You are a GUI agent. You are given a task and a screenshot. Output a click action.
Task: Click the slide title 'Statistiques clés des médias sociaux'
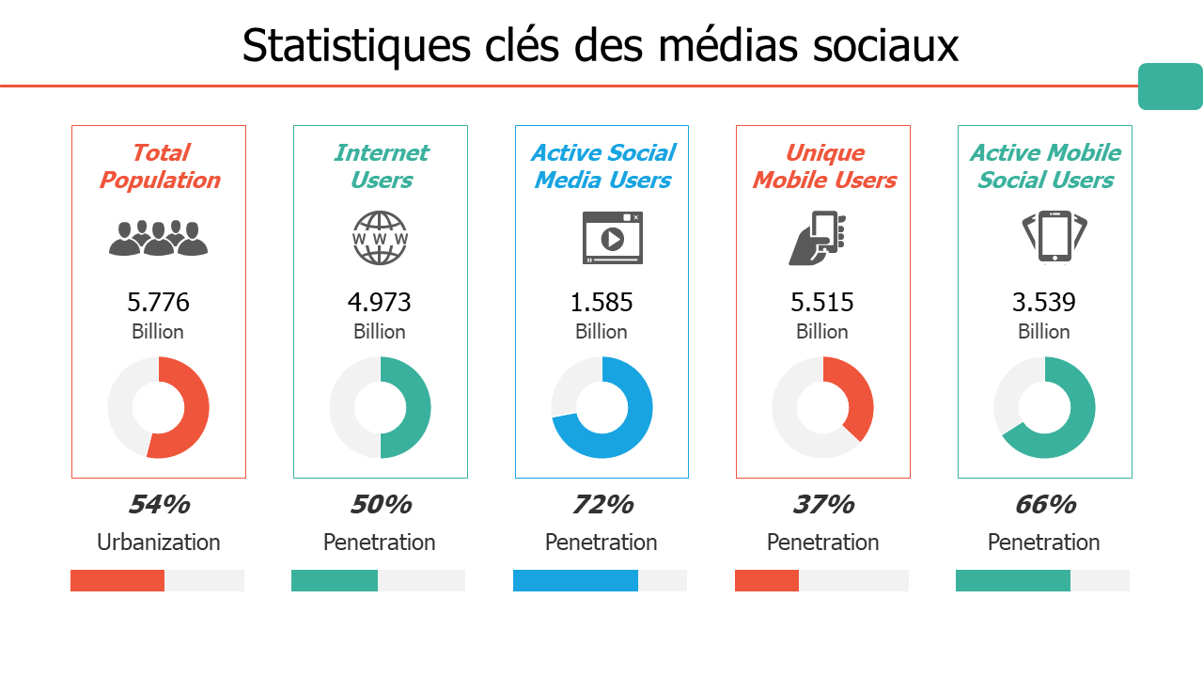point(601,45)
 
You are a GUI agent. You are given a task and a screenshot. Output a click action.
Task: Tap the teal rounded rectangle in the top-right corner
point(1170,87)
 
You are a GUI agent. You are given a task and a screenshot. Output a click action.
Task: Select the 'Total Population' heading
point(159,166)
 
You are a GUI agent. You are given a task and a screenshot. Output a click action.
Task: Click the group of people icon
point(158,239)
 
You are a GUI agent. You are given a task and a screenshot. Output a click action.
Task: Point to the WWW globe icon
point(380,237)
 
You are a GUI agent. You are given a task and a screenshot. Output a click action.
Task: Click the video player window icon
point(612,238)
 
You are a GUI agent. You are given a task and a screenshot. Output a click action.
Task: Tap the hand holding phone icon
point(817,238)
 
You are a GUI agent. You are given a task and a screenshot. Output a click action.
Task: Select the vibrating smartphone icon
point(1054,237)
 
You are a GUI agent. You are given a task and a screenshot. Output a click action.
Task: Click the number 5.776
point(158,303)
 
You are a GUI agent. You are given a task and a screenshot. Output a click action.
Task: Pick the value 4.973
point(380,303)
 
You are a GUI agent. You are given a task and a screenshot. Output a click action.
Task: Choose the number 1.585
point(601,303)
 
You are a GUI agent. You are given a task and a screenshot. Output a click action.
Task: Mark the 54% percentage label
point(158,505)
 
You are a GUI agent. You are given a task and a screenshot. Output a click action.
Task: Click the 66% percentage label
point(1044,505)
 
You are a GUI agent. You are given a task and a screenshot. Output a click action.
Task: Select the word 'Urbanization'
point(158,543)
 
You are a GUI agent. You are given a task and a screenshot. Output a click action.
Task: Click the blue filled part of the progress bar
point(575,581)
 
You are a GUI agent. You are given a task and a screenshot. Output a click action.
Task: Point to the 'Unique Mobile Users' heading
point(823,166)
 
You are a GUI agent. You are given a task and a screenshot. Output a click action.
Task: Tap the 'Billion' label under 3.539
point(1043,332)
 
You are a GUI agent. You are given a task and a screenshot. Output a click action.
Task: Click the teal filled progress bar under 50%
point(335,581)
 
